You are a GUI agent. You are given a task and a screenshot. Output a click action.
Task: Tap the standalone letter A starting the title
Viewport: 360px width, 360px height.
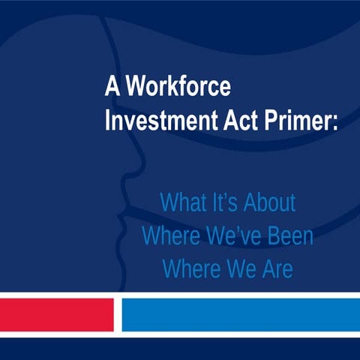coord(111,88)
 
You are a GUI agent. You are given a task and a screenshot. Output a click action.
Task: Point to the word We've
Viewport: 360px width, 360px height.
coord(230,236)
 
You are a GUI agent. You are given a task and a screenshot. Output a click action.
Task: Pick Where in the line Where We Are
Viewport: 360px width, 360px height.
coord(188,269)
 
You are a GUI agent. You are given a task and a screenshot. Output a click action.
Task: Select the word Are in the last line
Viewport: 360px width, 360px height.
coord(275,269)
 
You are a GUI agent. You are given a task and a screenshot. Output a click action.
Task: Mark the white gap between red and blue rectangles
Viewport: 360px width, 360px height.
coord(117,314)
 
